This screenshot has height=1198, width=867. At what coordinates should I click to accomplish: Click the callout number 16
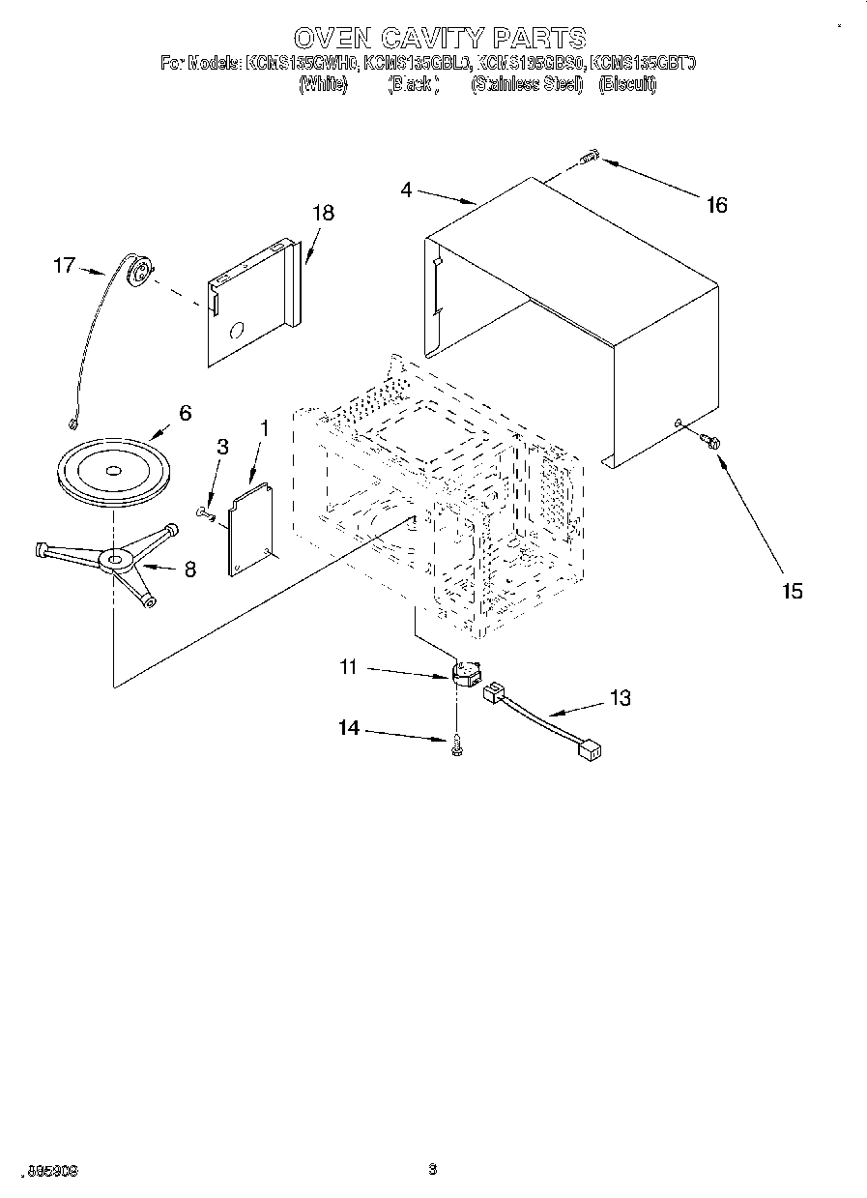click(716, 205)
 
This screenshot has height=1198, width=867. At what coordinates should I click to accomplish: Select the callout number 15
click(792, 591)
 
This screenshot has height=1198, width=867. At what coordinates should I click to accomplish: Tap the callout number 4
click(407, 190)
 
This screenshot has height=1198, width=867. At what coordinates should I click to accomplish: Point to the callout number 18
click(323, 214)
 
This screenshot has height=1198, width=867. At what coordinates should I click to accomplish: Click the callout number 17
click(64, 264)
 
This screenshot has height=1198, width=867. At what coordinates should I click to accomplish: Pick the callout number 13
click(620, 697)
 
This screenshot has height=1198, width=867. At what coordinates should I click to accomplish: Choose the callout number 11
click(348, 666)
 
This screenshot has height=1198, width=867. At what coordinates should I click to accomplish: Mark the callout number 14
click(348, 728)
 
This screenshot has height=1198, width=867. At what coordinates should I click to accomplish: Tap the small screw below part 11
click(457, 745)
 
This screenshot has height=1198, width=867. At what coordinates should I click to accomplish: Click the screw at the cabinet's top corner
click(591, 157)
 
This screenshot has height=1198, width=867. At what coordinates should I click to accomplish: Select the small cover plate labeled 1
click(246, 532)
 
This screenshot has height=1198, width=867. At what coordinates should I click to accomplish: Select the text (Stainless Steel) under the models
click(527, 85)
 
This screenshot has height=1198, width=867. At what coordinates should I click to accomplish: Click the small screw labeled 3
click(206, 511)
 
